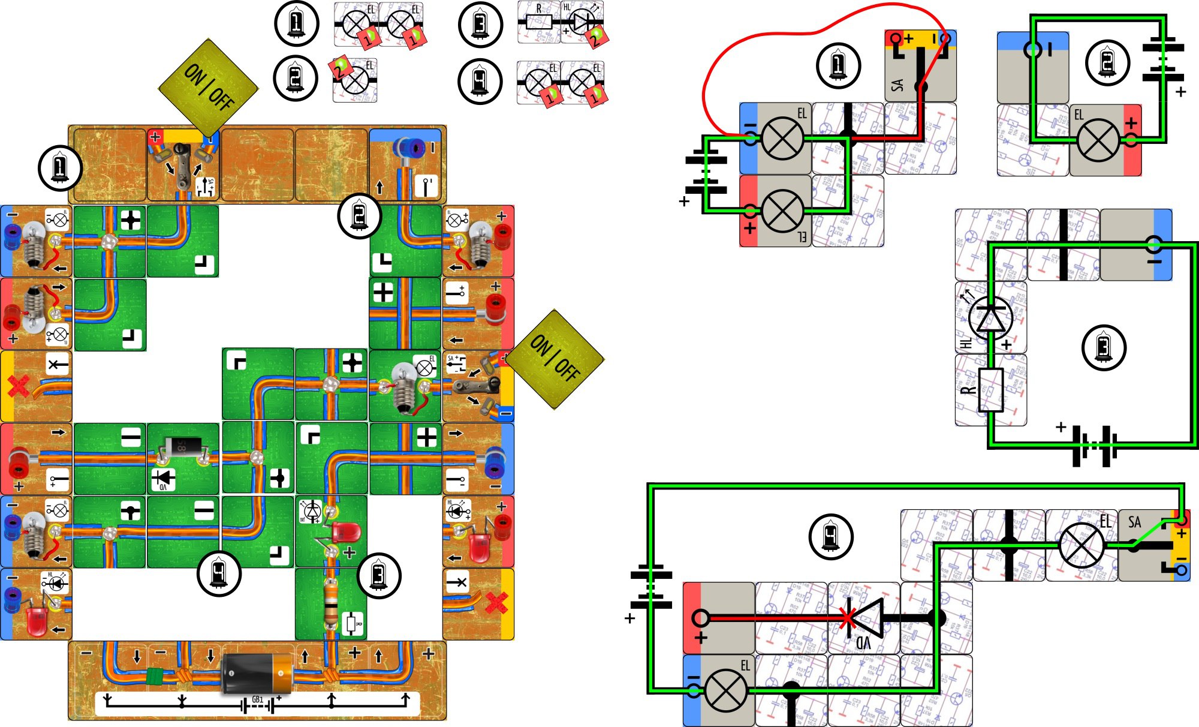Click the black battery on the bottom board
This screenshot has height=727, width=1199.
pos(257,673)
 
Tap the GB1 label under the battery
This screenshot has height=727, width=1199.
pos(257,699)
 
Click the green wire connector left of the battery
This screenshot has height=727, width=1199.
pos(155,676)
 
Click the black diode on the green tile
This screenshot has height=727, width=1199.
pos(183,446)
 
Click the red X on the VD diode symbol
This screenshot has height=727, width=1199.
pos(846,618)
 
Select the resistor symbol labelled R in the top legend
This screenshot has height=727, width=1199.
pos(538,22)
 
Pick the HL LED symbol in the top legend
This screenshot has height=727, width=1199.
pos(581,22)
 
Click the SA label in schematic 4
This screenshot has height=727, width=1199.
pos(1134,522)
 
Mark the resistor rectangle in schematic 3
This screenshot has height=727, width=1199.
pos(990,390)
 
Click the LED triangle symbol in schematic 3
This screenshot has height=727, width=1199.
pos(990,318)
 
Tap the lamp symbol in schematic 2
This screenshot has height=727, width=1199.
pos(1098,140)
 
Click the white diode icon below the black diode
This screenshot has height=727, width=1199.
pos(163,479)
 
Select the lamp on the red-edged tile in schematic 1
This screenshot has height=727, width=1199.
pos(782,211)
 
